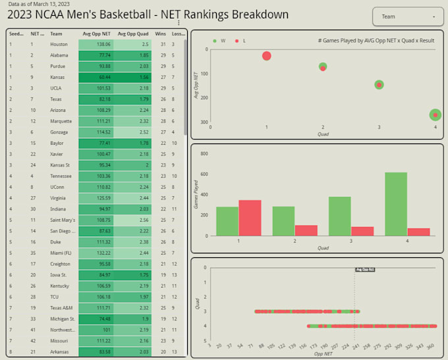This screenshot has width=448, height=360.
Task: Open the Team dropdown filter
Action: pyautogui.click(x=408, y=16)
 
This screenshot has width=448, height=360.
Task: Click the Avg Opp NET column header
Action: pyautogui.click(x=96, y=34)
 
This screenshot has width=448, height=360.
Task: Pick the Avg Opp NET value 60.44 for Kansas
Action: pyautogui.click(x=96, y=77)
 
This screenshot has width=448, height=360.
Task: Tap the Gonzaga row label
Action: pyautogui.click(x=59, y=132)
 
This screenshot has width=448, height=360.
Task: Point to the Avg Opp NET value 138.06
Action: pyautogui.click(x=96, y=45)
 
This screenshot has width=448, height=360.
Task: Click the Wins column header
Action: pyautogui.click(x=160, y=34)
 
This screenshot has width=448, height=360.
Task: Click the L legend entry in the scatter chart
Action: pyautogui.click(x=240, y=41)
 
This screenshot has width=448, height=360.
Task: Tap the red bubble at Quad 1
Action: pyautogui.click(x=266, y=56)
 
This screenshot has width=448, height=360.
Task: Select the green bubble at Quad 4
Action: pyautogui.click(x=435, y=115)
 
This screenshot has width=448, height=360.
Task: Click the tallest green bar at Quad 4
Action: pyautogui.click(x=395, y=204)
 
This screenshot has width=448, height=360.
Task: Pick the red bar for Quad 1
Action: pyautogui.click(x=250, y=218)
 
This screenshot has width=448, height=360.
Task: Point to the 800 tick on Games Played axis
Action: pyautogui.click(x=204, y=153)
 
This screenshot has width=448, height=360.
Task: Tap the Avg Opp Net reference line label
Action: pyautogui.click(x=365, y=269)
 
